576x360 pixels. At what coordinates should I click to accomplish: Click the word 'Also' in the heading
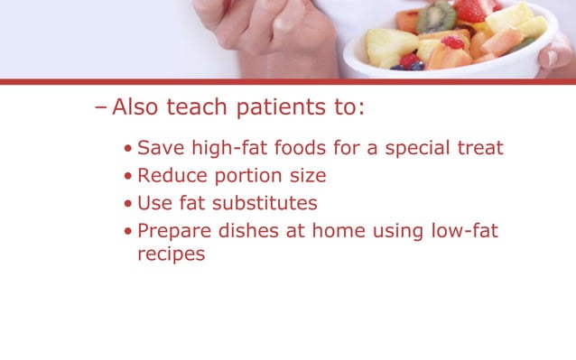tap(137, 109)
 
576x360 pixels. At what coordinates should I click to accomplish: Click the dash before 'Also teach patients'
tap(100, 109)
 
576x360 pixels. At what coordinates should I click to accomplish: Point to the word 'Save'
tap(160, 148)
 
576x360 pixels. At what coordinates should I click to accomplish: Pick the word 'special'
tap(420, 148)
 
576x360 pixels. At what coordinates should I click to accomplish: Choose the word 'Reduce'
tap(171, 175)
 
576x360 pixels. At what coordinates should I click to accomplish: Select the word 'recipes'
tap(171, 254)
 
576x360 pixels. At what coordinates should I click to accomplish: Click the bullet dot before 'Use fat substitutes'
tap(129, 203)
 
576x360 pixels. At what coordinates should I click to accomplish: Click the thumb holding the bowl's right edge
tap(555, 56)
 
